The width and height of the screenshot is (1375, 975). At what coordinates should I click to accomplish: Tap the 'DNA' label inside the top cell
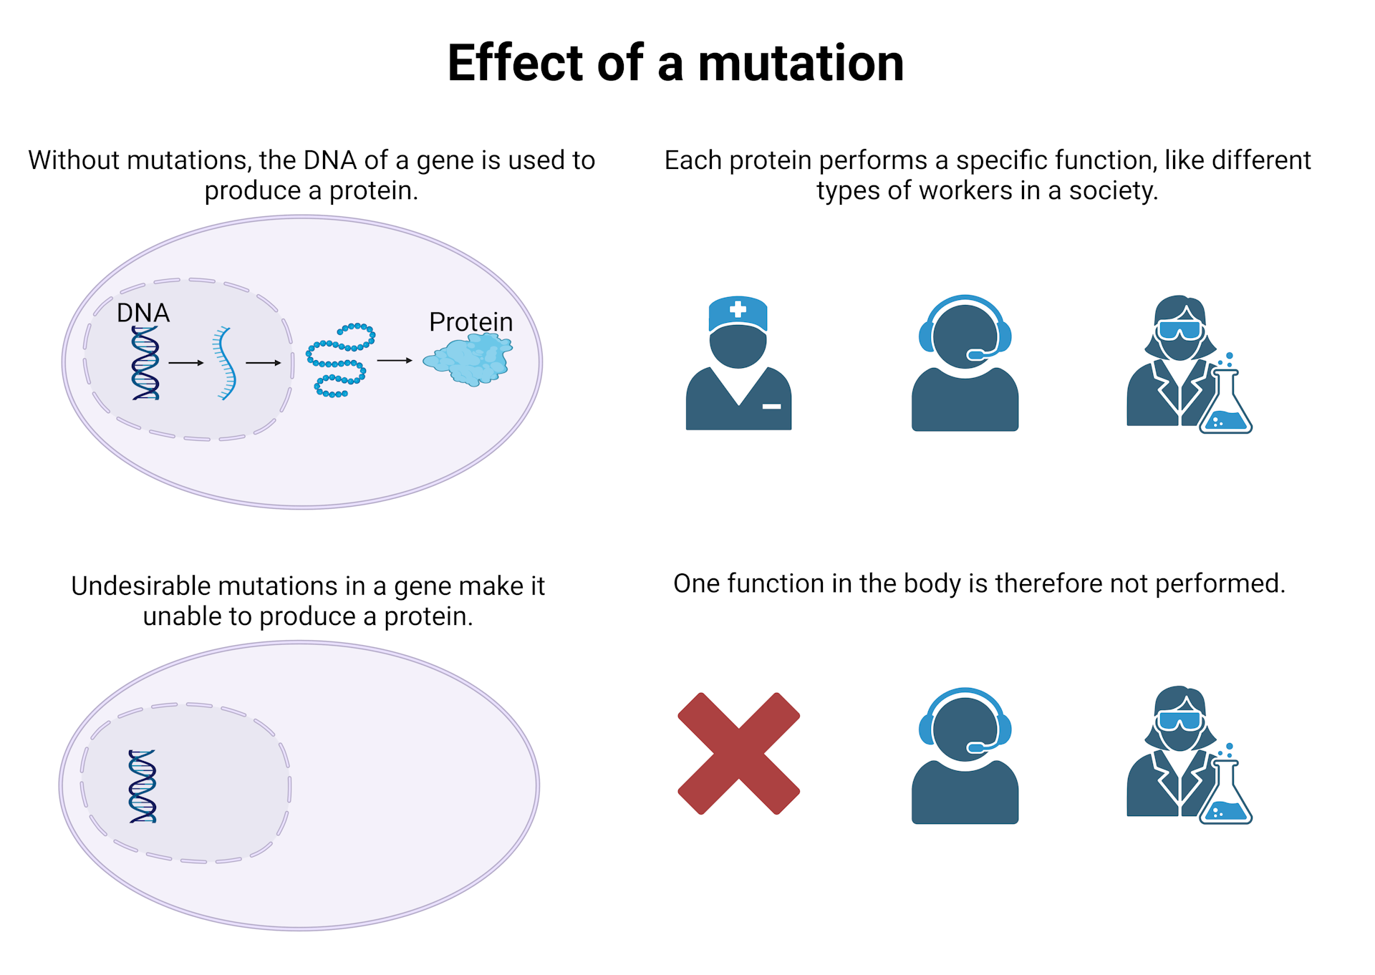pyautogui.click(x=143, y=313)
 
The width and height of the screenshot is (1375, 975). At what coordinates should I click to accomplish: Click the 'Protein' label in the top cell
pyautogui.click(x=471, y=322)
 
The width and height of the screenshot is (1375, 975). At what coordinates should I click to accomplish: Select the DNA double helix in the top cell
pyautogui.click(x=145, y=363)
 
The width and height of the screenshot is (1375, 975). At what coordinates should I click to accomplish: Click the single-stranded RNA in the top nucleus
pyautogui.click(x=225, y=363)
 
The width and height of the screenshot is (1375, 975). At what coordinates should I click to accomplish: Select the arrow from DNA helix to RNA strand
pyautogui.click(x=186, y=363)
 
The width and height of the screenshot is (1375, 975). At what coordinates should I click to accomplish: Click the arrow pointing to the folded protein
pyautogui.click(x=395, y=361)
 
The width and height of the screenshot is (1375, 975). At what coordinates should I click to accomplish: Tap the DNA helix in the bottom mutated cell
pyautogui.click(x=143, y=786)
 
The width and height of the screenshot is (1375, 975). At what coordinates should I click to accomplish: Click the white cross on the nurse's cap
pyautogui.click(x=738, y=310)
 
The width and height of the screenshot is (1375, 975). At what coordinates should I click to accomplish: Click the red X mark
pyautogui.click(x=738, y=753)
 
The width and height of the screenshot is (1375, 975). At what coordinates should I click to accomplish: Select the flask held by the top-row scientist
pyautogui.click(x=1225, y=404)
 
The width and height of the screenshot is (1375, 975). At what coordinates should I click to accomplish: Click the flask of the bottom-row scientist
pyautogui.click(x=1225, y=795)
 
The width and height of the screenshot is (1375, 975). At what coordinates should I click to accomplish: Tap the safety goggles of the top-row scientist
pyautogui.click(x=1179, y=330)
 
